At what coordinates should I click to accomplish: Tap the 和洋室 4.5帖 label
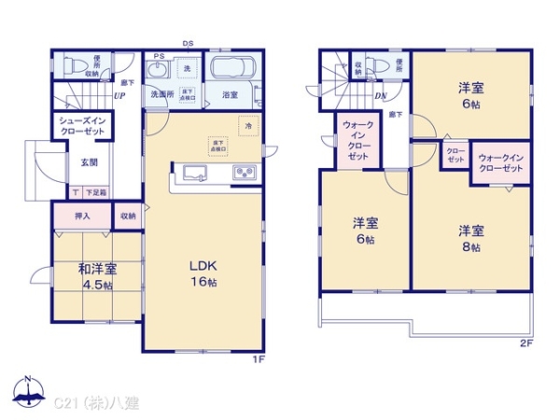point(96,276)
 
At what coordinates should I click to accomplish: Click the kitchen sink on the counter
point(197,172)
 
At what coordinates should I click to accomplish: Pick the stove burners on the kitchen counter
point(245,173)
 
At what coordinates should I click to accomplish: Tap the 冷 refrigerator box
point(248,125)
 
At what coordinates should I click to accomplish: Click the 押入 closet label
point(82,216)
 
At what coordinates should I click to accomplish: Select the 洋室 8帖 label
point(469,238)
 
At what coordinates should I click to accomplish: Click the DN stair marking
point(381,95)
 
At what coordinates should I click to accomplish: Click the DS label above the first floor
point(188,43)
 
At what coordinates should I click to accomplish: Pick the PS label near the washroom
point(159,56)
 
